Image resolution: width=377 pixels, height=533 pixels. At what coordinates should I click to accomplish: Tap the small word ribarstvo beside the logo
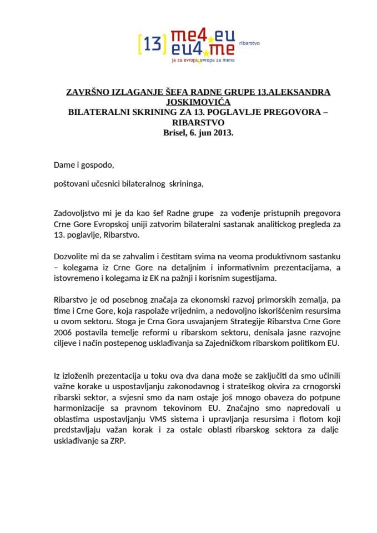249,42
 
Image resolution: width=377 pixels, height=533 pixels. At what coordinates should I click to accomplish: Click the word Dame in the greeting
64,165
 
